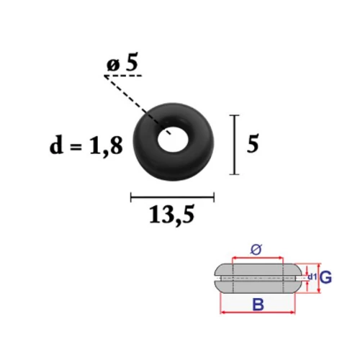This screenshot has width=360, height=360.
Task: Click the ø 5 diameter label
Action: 122,63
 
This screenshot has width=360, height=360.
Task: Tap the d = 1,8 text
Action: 86,145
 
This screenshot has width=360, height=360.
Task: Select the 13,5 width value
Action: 171,215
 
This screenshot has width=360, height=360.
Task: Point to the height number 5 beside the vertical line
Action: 253,144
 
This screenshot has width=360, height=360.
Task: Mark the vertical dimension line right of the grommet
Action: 235,145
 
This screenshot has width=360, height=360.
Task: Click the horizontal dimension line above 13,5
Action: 172,197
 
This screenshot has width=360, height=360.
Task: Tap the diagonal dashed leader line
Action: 138,105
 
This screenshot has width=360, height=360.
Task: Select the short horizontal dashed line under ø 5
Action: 123,76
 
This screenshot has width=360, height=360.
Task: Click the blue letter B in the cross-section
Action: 258,305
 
